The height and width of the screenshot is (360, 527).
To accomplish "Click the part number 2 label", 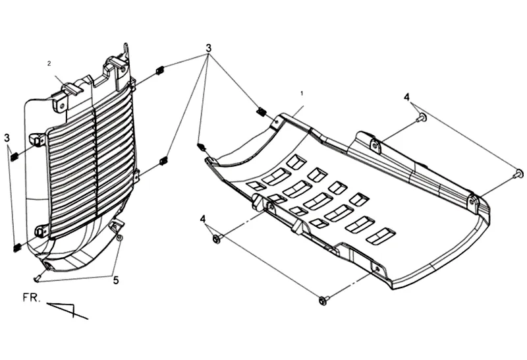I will pos(49,63).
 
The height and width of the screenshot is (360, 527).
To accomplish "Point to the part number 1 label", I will pos(302,94).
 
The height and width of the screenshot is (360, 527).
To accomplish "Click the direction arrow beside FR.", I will pos(69,309).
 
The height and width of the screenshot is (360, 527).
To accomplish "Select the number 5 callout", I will pos(116,280).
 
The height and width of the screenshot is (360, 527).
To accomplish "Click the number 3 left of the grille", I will pos(7,138).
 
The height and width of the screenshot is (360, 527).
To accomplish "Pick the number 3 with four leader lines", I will pos(209,48).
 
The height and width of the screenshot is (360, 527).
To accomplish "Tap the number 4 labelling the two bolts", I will pos(407,97).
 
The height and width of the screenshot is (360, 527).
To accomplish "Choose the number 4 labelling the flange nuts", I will pos(203,218).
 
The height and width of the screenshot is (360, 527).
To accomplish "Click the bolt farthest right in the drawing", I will pos(519,173).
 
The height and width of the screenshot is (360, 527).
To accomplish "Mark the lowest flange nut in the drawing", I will pos(322,301).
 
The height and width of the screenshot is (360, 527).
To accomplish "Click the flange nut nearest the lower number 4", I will pos(217,239).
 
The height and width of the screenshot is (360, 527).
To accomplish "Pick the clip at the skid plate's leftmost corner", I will pos(202,146).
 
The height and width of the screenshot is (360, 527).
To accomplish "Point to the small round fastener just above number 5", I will pos(119,237).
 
